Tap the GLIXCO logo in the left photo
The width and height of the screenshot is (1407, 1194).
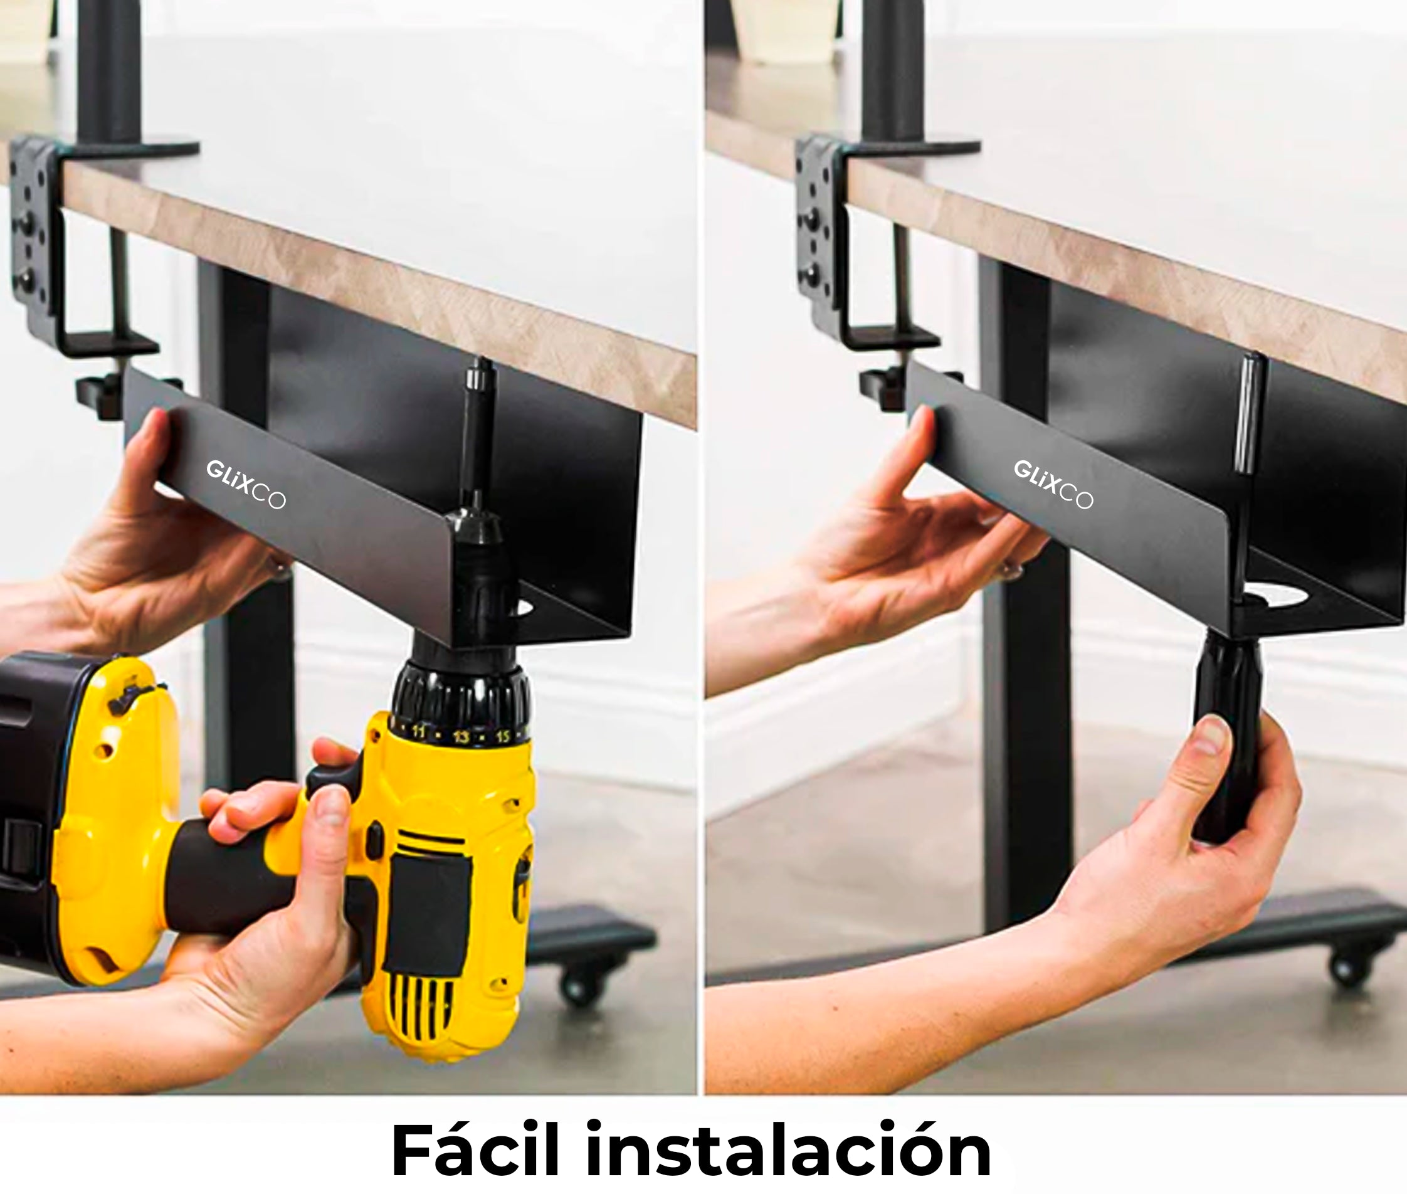pos(246,483)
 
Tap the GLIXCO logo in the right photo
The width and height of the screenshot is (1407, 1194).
pos(1052,483)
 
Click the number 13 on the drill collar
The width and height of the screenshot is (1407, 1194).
pos(461,736)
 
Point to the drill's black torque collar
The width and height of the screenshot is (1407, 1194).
pos(460,697)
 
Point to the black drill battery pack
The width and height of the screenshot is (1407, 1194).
pos(27,778)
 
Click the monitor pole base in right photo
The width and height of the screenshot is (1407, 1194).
pos(914,147)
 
